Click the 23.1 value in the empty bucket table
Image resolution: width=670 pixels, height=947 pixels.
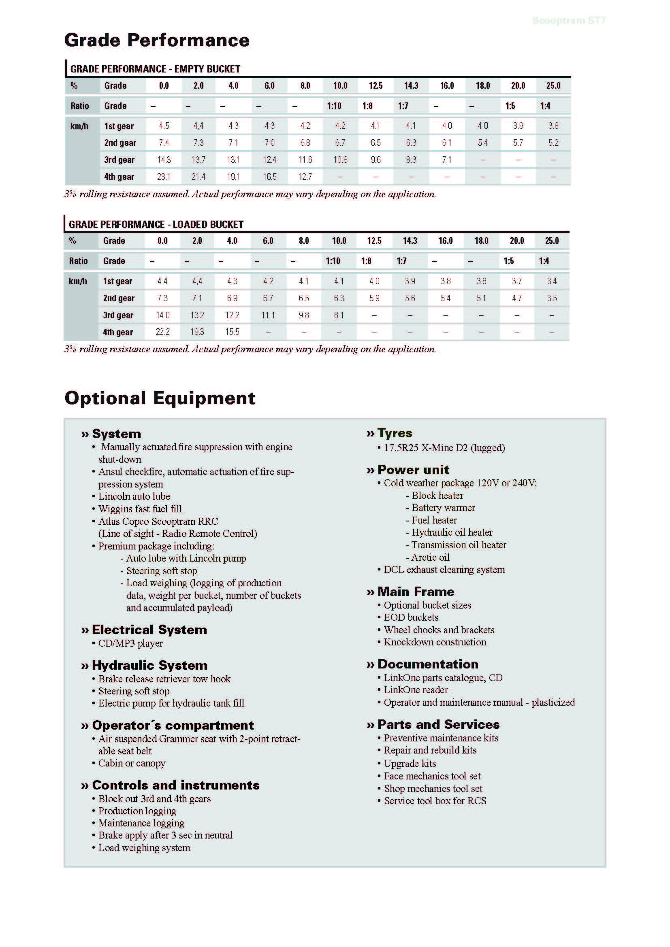click(164, 177)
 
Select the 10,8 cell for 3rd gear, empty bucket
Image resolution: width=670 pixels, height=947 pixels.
click(340, 160)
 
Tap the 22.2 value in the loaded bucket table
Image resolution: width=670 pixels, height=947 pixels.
click(162, 332)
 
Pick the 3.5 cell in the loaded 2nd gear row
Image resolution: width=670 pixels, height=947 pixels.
click(552, 298)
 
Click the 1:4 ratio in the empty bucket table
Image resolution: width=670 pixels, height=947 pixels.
click(545, 106)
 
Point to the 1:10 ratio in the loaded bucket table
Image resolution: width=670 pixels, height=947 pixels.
click(333, 261)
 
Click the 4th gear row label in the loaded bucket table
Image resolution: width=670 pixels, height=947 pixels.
click(118, 332)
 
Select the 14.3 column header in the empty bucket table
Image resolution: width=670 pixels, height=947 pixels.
click(411, 86)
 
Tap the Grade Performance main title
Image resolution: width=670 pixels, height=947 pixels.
click(157, 40)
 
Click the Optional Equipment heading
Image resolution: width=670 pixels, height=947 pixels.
click(160, 398)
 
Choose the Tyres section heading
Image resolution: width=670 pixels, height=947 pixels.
click(395, 433)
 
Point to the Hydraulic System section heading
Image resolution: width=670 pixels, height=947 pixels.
click(149, 665)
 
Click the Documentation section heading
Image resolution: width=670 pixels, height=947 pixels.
click(428, 664)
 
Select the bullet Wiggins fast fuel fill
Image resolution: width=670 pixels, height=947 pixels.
click(140, 509)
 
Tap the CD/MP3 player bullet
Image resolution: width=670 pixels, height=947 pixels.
click(130, 643)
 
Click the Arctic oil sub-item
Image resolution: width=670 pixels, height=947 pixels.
click(430, 558)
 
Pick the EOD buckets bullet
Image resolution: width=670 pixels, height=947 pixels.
click(411, 617)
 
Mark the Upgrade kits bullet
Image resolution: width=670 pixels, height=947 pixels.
click(410, 764)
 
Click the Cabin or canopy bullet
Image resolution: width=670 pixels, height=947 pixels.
click(132, 763)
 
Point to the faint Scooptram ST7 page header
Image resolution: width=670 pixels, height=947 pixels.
click(568, 21)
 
